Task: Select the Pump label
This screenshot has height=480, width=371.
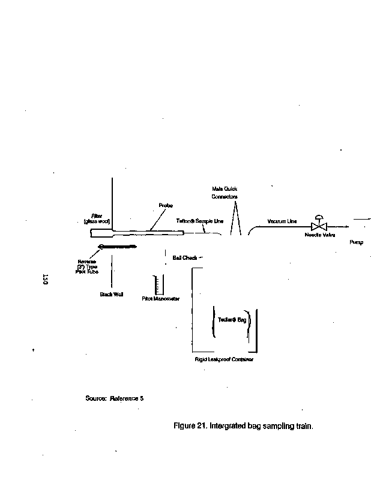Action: [x=357, y=242]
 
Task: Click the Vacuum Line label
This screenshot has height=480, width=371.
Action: [x=282, y=221]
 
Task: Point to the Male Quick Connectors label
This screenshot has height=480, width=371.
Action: [x=225, y=192]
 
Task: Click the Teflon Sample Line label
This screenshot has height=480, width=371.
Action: [x=199, y=221]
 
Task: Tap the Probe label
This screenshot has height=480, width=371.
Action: [x=166, y=206]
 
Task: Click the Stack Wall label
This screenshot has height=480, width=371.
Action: [x=112, y=294]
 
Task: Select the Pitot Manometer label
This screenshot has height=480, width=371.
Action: [x=161, y=298]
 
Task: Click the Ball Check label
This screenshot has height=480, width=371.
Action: [x=185, y=258]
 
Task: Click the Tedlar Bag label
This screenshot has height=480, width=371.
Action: [x=232, y=320]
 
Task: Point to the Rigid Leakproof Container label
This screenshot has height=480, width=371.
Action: [x=224, y=359]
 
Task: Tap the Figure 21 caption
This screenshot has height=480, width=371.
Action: [x=243, y=427]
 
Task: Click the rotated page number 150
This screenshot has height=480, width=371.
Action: [x=45, y=279]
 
